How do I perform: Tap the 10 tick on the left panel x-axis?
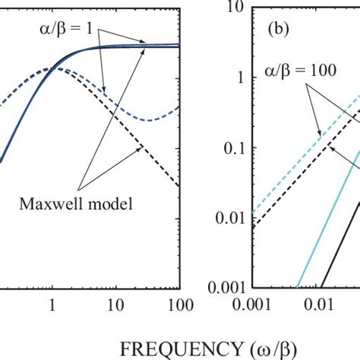pyautogui.click(x=115, y=305)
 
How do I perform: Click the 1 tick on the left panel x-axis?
pyautogui.click(x=52, y=305)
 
